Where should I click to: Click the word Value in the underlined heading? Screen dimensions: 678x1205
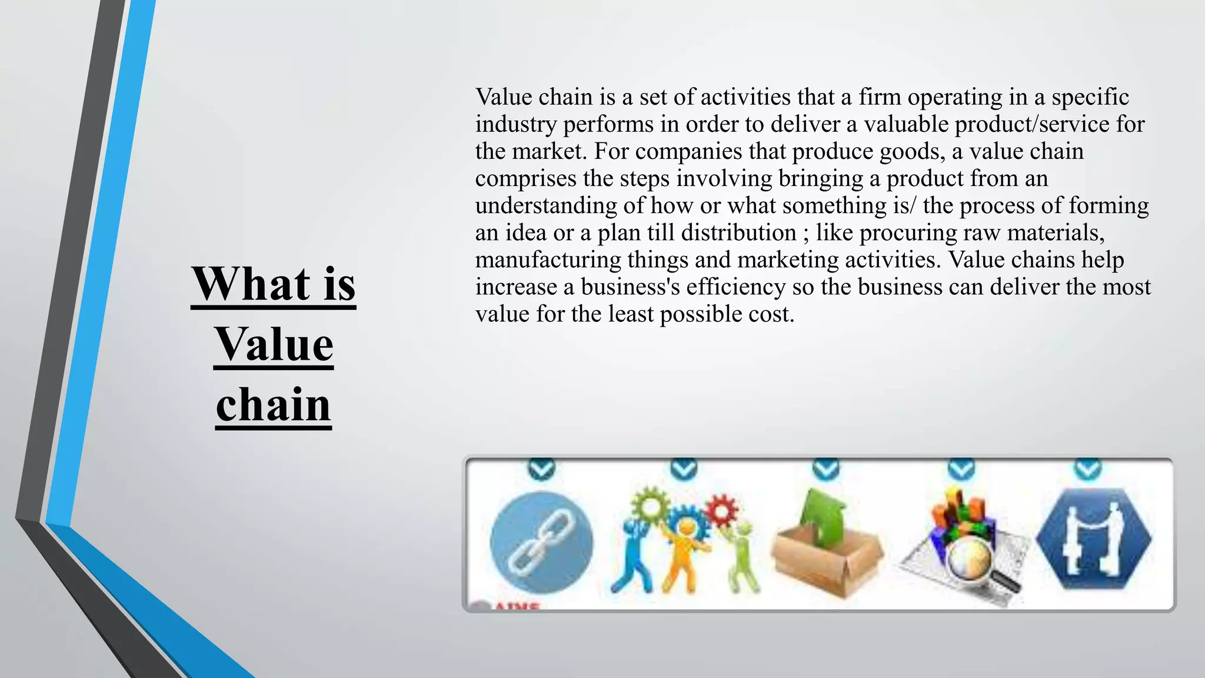pyautogui.click(x=274, y=345)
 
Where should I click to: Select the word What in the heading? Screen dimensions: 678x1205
pyautogui.click(x=251, y=284)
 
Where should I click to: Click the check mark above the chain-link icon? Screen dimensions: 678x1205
pyautogui.click(x=541, y=469)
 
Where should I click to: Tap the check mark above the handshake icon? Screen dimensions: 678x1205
pyautogui.click(x=1088, y=469)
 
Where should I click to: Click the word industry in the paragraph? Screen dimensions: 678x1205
pyautogui.click(x=515, y=124)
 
